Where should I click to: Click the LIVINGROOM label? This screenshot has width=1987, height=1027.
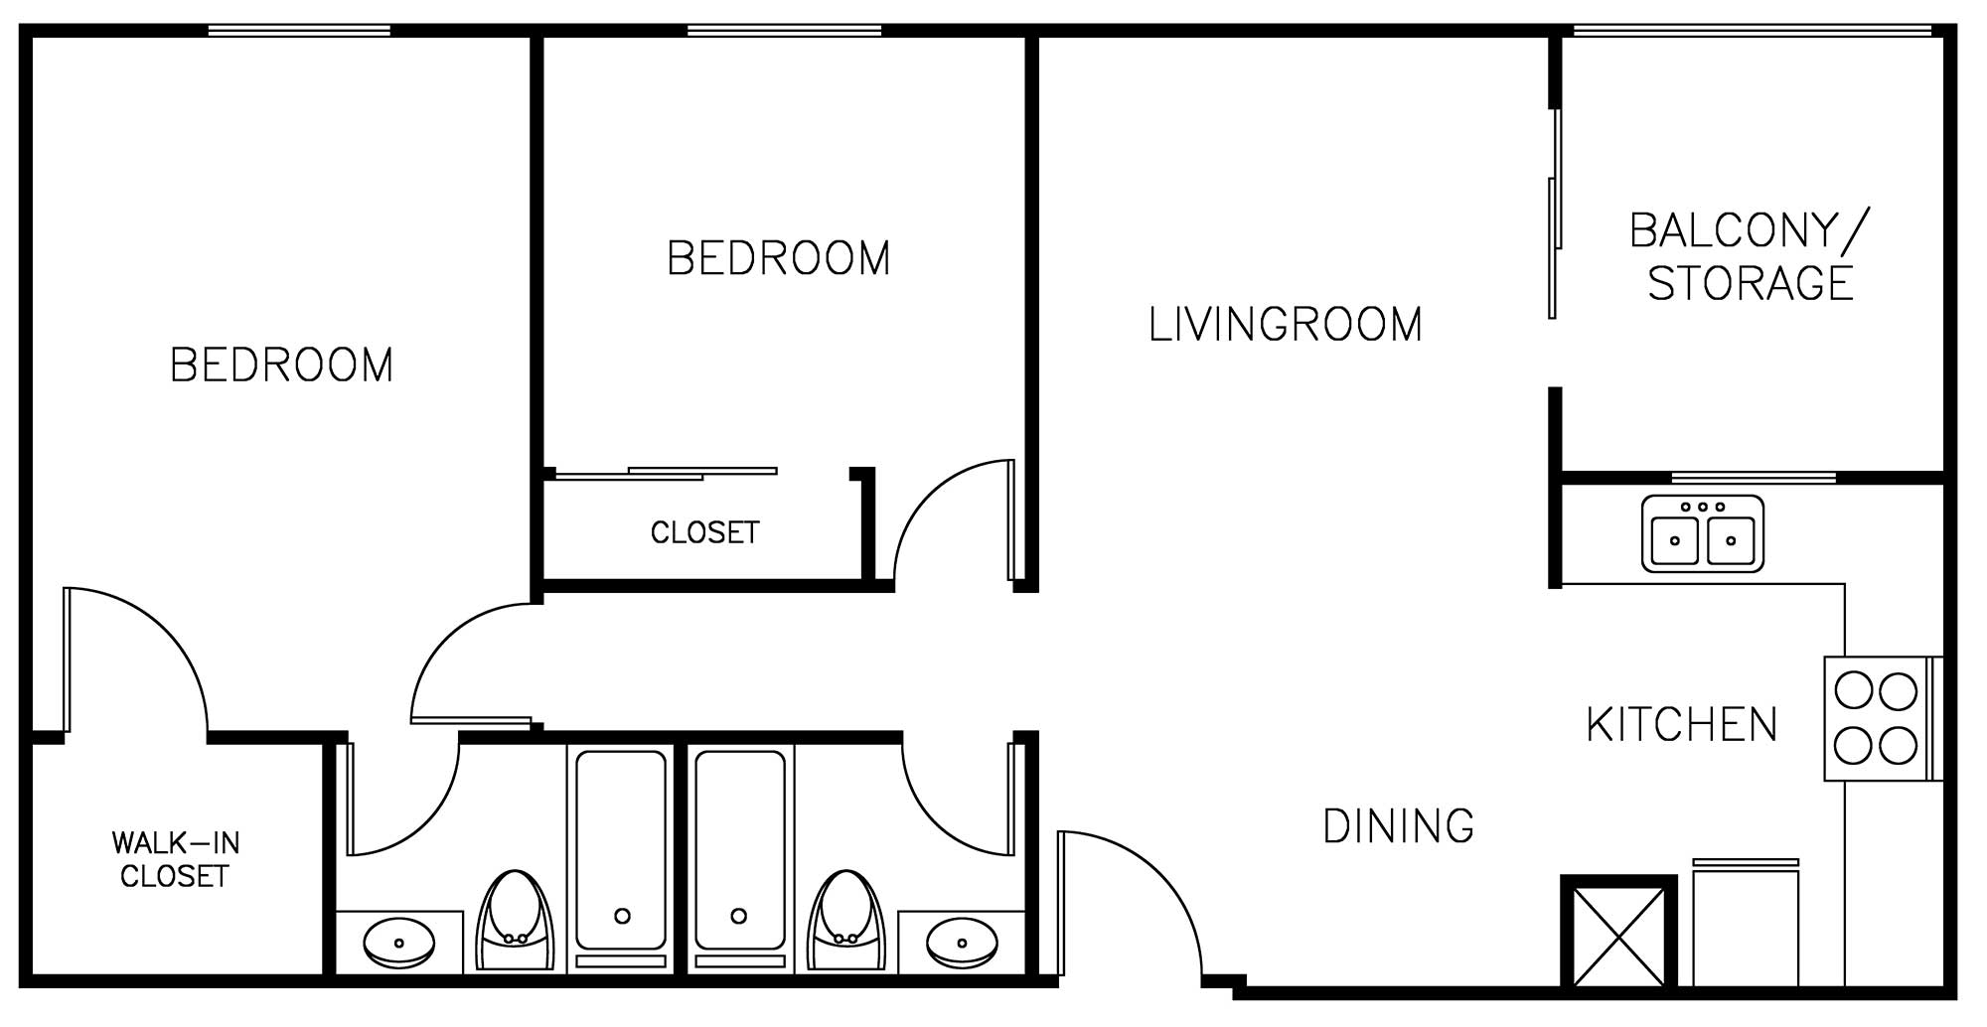(1285, 325)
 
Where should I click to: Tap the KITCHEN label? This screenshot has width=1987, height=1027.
(1682, 725)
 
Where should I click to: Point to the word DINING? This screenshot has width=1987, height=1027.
(1399, 826)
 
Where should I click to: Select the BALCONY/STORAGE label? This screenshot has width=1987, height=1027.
(1751, 256)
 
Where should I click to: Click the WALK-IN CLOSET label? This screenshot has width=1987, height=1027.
(175, 860)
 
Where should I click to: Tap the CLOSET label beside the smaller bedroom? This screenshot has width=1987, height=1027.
(704, 533)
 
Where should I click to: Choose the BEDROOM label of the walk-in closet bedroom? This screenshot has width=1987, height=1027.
(282, 366)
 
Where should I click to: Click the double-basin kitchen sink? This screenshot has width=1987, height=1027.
(1703, 534)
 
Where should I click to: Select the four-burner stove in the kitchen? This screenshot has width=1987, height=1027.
(1878, 718)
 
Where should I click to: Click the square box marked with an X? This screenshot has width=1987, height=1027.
(1618, 932)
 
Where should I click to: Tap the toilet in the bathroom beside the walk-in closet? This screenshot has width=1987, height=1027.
(515, 921)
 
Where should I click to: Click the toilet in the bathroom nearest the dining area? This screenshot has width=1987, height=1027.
(846, 921)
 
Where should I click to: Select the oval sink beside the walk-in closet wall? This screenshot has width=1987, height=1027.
(399, 942)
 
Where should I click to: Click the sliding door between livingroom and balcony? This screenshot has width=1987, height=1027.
(1554, 214)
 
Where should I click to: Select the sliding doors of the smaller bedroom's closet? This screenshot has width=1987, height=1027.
(666, 474)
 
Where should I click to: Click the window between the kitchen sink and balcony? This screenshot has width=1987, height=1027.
(1754, 478)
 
